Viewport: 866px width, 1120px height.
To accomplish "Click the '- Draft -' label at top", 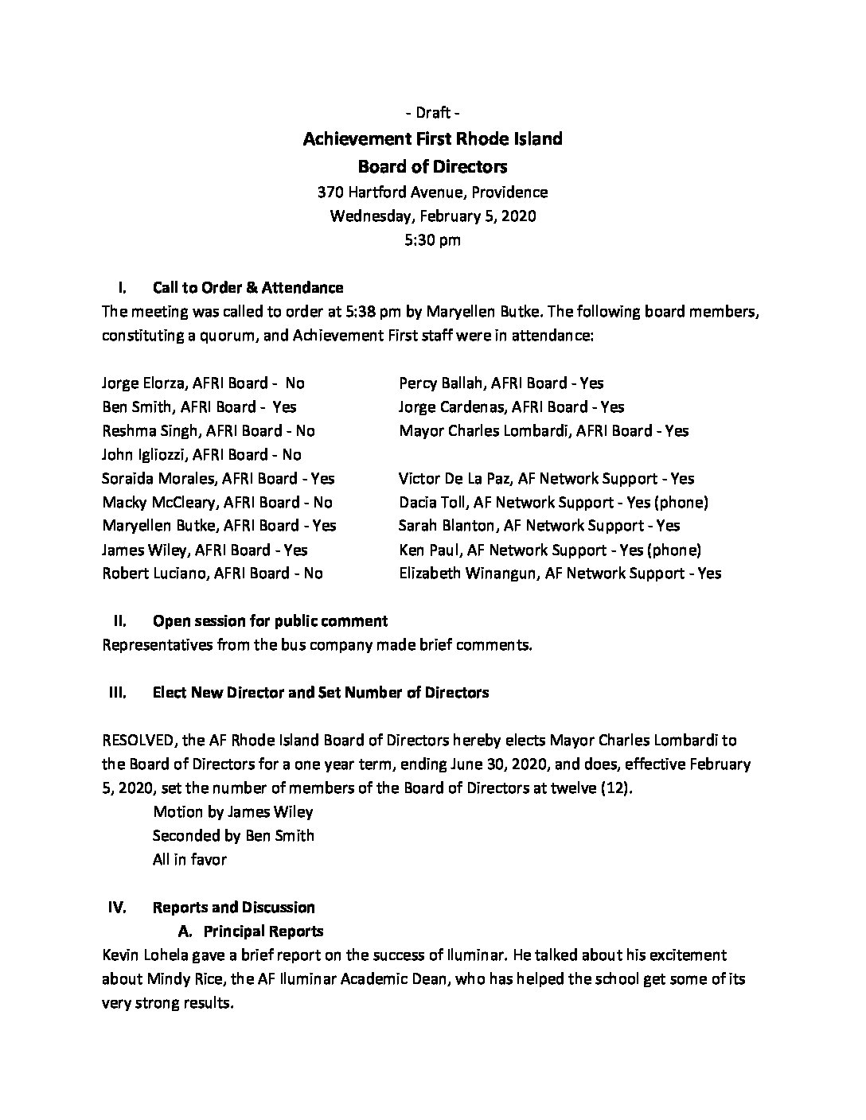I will point(432,113).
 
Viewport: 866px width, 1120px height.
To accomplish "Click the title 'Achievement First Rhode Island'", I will point(432,139).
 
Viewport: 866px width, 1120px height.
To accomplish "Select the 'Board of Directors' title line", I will point(432,166).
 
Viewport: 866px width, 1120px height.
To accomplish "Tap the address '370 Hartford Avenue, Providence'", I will point(432,192).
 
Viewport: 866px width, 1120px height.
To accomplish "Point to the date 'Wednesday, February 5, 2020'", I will point(432,216).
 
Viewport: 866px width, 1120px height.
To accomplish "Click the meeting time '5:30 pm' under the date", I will point(432,239).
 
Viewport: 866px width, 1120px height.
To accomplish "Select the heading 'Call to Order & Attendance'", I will point(248,287).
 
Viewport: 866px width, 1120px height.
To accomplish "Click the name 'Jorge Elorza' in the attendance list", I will point(142,383).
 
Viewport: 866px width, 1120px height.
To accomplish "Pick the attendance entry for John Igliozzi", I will point(201,454).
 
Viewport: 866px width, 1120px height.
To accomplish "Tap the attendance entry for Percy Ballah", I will point(501,383).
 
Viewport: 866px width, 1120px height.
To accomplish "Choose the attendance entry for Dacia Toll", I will point(553,502).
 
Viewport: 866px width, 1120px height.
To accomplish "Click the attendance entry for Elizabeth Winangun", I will point(560,573).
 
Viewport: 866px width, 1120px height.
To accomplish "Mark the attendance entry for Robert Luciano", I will point(212,573).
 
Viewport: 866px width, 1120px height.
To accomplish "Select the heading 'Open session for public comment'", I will point(270,620).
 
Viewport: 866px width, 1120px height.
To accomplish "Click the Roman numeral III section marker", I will point(117,692).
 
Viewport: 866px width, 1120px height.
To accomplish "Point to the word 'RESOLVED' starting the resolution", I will point(137,740).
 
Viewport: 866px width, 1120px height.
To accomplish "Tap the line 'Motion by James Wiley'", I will point(232,811).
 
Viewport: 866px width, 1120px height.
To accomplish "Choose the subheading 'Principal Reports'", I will point(263,931).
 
